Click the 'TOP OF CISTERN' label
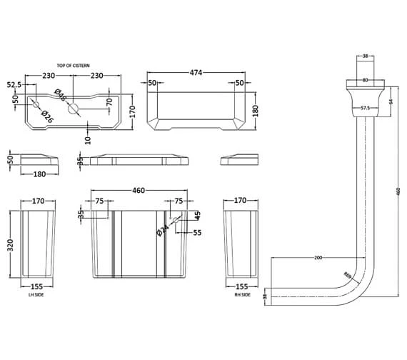point(74,66)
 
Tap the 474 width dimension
point(196,72)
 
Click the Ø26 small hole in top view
point(36,105)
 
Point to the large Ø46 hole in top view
point(73,109)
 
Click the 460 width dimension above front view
point(139,191)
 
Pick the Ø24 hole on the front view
point(175,220)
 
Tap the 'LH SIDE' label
point(36,295)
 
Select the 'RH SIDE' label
point(243,295)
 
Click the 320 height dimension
point(10,245)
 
